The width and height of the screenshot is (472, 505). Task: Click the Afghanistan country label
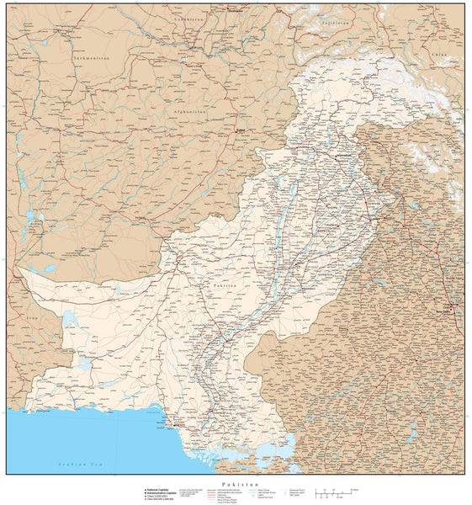pos(186,111)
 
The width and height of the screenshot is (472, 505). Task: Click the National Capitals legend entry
pos(162,489)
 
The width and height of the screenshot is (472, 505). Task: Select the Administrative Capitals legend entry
pos(162,492)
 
